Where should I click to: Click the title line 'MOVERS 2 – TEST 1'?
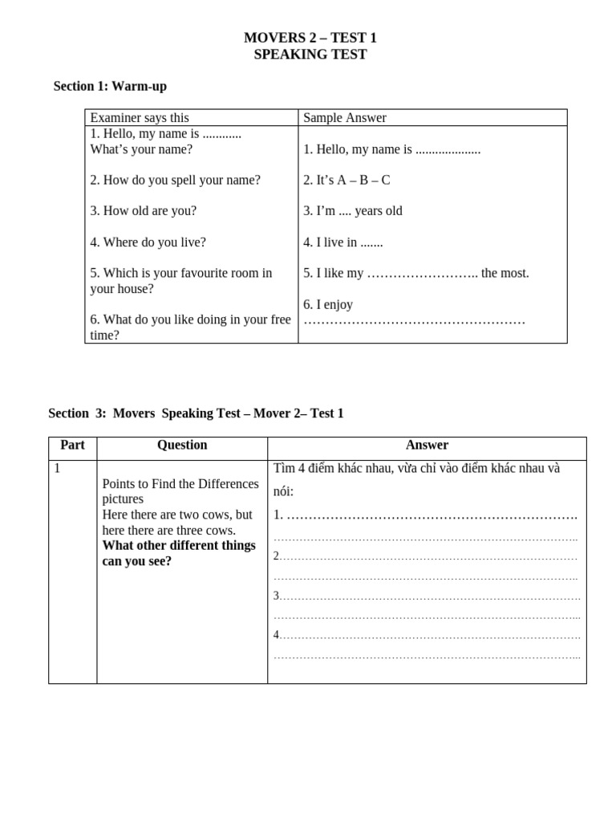pos(310,38)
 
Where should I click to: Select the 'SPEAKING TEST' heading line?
pos(310,55)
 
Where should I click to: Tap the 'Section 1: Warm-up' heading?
pos(110,86)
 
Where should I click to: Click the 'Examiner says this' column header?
pos(140,118)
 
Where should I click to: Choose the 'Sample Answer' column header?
pos(344,118)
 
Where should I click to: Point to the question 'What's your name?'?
pos(141,149)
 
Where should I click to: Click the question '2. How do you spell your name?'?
pos(175,180)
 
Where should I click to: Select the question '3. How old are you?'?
pos(143,211)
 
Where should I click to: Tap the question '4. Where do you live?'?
pos(148,242)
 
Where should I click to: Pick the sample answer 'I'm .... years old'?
pos(353,211)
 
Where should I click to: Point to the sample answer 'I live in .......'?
pos(342,242)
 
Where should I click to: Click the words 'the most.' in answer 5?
pos(505,273)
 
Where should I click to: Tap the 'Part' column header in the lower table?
pos(72,445)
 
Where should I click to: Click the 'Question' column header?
pos(182,445)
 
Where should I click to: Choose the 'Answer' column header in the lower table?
pos(427,445)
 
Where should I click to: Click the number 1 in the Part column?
pos(57,468)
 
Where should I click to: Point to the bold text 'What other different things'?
pos(179,546)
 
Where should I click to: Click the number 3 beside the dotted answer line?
pos(276,596)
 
